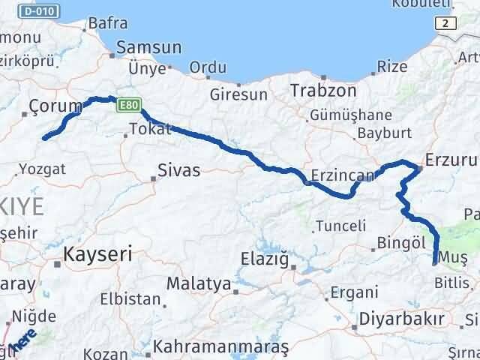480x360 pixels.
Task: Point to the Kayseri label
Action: click(97, 253)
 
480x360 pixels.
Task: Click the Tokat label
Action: click(150, 129)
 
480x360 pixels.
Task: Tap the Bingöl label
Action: click(403, 244)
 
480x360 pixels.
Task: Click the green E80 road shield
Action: click(128, 106)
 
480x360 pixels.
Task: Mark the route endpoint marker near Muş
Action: click(435, 262)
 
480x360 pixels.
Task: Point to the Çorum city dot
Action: click(24, 114)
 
